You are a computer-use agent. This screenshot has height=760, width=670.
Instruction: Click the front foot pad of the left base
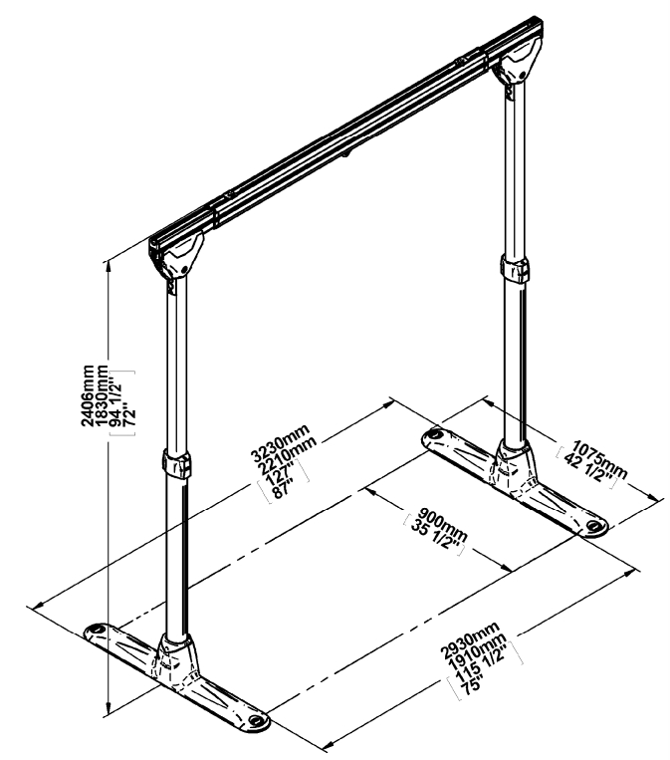[x=256, y=718]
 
